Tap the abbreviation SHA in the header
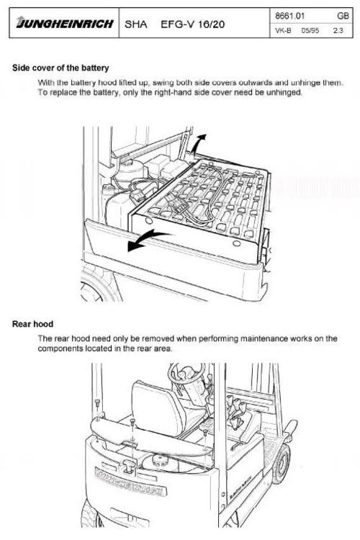[135, 24]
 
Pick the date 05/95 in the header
[310, 31]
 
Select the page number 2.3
[338, 31]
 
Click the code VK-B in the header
[283, 31]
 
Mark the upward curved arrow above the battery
[199, 142]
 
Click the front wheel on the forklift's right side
[279, 463]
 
